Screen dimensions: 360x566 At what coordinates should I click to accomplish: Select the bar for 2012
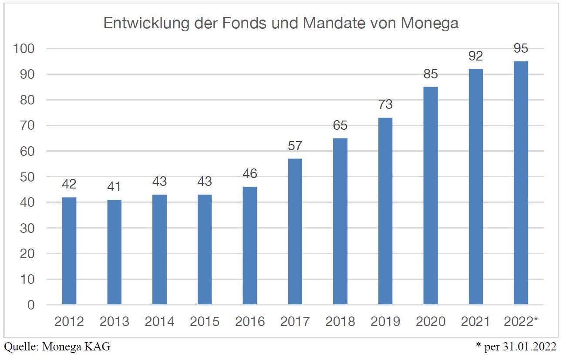pyautogui.click(x=69, y=251)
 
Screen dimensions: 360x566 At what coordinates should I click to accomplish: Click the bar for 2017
pyautogui.click(x=295, y=232)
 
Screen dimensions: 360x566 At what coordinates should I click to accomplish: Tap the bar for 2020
pyautogui.click(x=431, y=195)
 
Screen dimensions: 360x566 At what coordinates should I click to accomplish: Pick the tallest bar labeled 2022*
pyautogui.click(x=521, y=183)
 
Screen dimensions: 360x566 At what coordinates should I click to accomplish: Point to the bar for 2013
pyautogui.click(x=114, y=252)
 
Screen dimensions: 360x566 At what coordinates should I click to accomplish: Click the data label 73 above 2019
pyautogui.click(x=385, y=105)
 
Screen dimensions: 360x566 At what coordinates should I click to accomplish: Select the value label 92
pyautogui.click(x=475, y=56)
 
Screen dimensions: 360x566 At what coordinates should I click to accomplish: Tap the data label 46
pyautogui.click(x=250, y=174)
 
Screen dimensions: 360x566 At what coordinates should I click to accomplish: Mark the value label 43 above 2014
pyautogui.click(x=159, y=182)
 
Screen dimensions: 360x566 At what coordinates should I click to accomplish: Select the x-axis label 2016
pyautogui.click(x=250, y=322)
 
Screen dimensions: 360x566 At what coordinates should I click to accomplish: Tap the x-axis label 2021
pyautogui.click(x=475, y=322)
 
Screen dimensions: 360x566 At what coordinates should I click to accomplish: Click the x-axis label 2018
pyautogui.click(x=340, y=322)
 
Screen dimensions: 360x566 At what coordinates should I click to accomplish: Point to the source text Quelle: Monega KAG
pyautogui.click(x=57, y=347)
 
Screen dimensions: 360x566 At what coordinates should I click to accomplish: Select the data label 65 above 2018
pyautogui.click(x=340, y=125)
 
